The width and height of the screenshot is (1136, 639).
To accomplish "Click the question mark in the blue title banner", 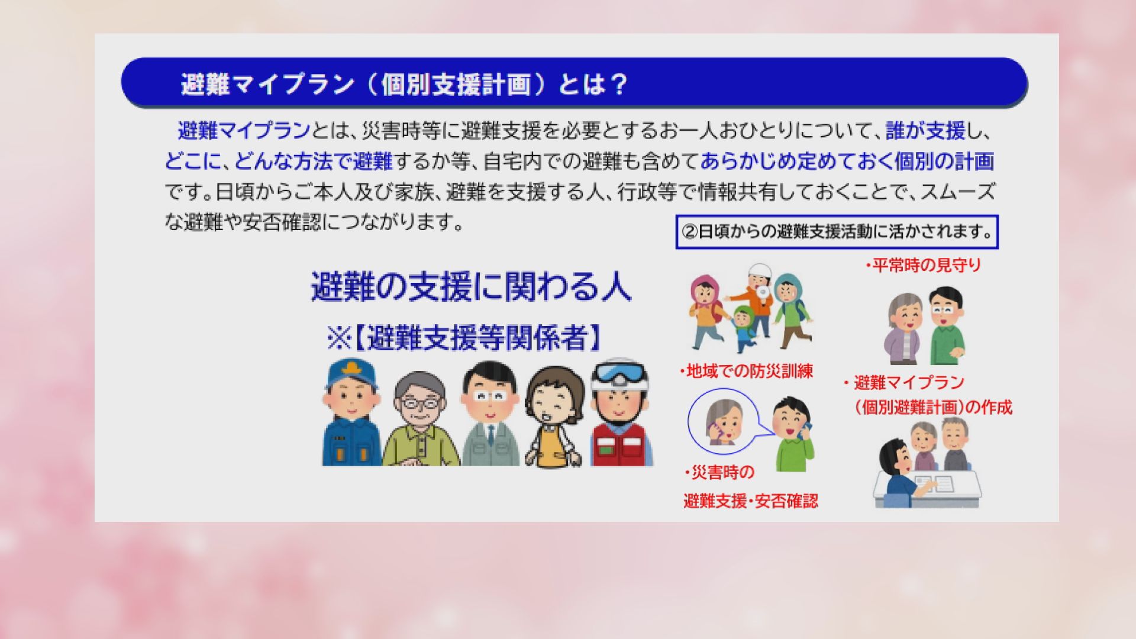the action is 617,85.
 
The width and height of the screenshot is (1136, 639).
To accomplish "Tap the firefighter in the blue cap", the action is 351,412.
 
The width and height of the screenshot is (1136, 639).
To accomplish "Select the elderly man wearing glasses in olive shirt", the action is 420,419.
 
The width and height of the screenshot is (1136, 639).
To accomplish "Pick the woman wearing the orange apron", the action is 555,417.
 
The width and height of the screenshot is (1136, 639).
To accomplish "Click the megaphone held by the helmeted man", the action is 764,294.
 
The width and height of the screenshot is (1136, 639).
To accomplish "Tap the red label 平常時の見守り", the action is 924,266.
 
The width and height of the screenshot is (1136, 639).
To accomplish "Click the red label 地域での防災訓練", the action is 746,372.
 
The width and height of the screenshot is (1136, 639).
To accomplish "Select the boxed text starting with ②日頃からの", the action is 837,231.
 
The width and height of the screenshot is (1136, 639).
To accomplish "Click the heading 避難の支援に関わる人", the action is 471,287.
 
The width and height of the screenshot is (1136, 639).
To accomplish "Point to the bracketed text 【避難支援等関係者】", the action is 478,338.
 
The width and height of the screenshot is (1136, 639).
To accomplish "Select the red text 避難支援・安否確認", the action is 751,501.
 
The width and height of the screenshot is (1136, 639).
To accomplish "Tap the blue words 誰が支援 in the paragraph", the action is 925,131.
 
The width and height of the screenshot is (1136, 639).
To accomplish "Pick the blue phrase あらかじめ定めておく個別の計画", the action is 847,161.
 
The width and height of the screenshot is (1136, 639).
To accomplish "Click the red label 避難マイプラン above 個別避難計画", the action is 909,383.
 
